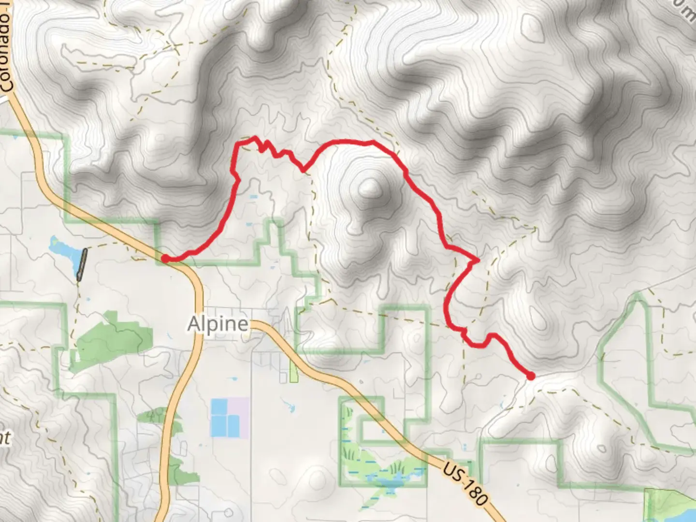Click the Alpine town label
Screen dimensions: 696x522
[x=218, y=324]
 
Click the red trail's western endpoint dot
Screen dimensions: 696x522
[x=165, y=259]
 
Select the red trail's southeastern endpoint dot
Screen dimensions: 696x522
[x=531, y=376]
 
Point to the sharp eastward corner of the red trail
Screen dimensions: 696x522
[x=477, y=260]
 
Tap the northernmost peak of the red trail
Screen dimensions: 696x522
[x=253, y=138]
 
